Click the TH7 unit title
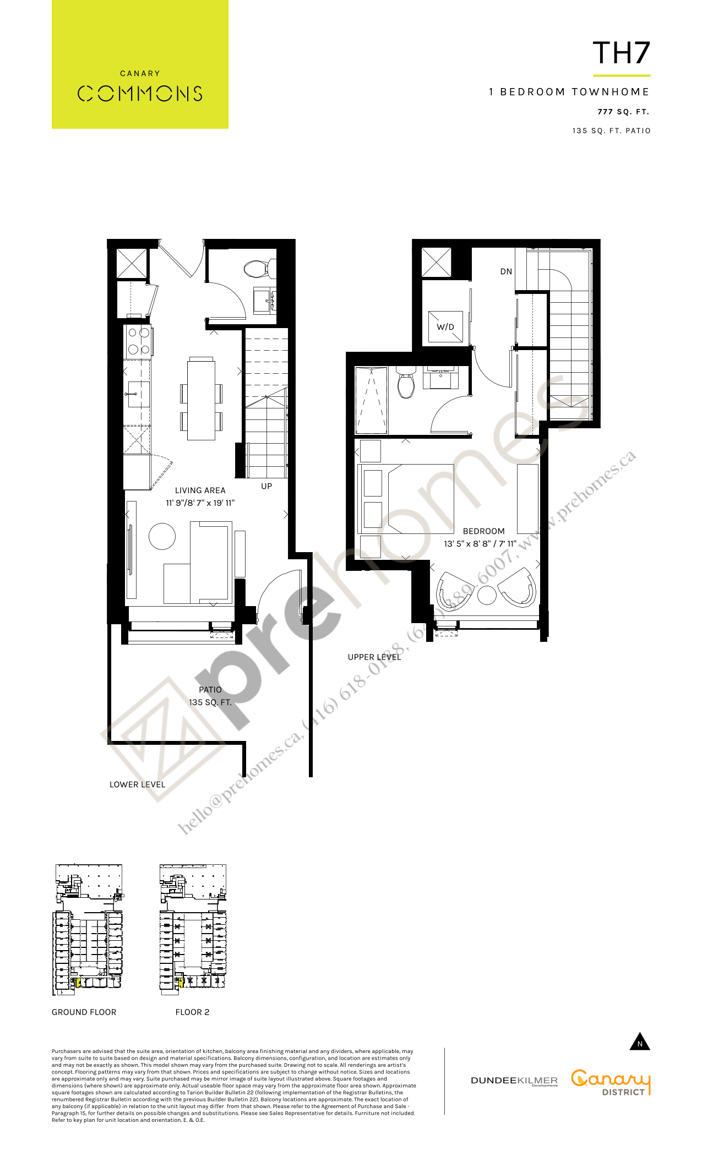click(621, 53)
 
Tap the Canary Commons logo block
click(140, 64)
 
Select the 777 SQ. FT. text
click(623, 112)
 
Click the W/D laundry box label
click(445, 327)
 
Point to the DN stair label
click(506, 271)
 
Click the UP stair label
click(266, 486)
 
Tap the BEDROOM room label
click(483, 531)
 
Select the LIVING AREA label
click(200, 490)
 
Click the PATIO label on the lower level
click(210, 690)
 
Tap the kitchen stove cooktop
click(139, 341)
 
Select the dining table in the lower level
click(201, 399)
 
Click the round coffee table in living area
click(162, 536)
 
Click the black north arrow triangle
click(640, 1042)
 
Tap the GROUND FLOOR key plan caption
click(84, 1012)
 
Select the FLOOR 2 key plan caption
click(192, 1012)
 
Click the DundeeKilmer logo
click(514, 1081)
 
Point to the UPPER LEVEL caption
click(374, 657)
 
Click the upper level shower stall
click(372, 400)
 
